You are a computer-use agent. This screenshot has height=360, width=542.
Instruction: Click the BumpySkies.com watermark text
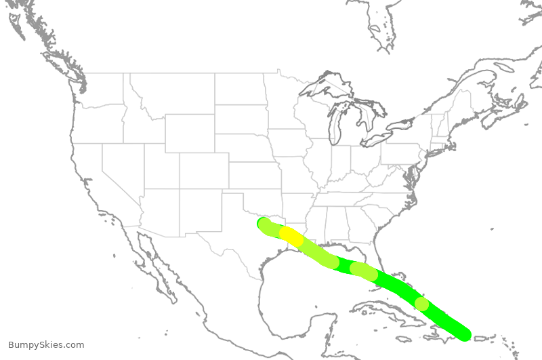[46, 345]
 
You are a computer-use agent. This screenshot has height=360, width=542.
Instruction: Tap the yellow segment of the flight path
[292, 236]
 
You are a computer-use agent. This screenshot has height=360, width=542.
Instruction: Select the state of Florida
[399, 272]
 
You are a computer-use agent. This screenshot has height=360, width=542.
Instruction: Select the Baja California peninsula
[153, 264]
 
